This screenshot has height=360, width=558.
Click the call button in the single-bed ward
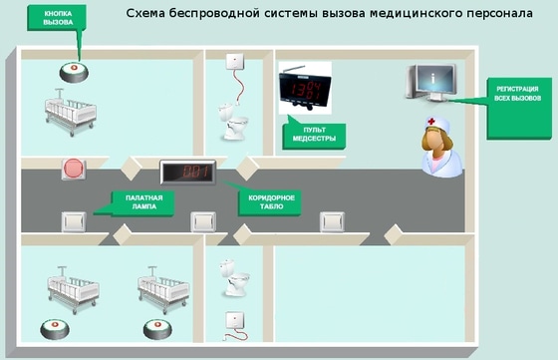click(x=74, y=73)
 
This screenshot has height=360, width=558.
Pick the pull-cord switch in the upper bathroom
click(x=235, y=60)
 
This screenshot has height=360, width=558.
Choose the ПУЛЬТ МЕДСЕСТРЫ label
click(x=310, y=133)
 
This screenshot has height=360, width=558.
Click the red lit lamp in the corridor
click(x=74, y=169)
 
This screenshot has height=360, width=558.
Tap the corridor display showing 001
click(x=191, y=172)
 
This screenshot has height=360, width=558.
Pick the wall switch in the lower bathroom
click(x=236, y=321)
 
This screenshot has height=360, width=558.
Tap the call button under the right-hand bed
click(x=156, y=326)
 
